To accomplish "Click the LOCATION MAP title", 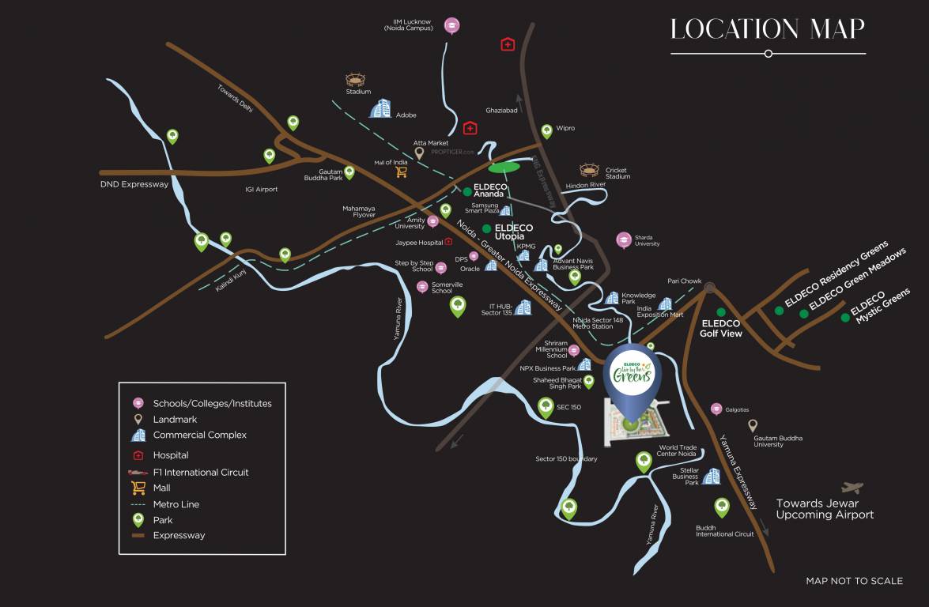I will [x=767, y=29].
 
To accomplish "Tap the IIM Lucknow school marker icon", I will [x=451, y=25].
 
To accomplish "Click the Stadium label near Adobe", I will [x=358, y=92].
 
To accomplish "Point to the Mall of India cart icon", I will [x=401, y=171].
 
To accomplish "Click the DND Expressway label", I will [x=134, y=184].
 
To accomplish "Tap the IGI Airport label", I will [x=262, y=190].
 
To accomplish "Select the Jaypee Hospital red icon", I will [x=448, y=242].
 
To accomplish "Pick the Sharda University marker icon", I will [x=624, y=239].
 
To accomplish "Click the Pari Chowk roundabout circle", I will [x=710, y=288].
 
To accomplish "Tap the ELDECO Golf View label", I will [x=720, y=328].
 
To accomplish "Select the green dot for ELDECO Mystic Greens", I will [x=845, y=318].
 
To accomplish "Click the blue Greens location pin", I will [x=630, y=380].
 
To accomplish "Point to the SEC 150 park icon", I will [x=546, y=408].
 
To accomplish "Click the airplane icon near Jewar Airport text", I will [x=852, y=488].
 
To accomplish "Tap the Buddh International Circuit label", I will [x=724, y=530].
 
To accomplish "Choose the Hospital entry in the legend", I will [x=171, y=455].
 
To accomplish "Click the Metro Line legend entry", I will [x=176, y=504].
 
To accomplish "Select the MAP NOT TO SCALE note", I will [x=854, y=581].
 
